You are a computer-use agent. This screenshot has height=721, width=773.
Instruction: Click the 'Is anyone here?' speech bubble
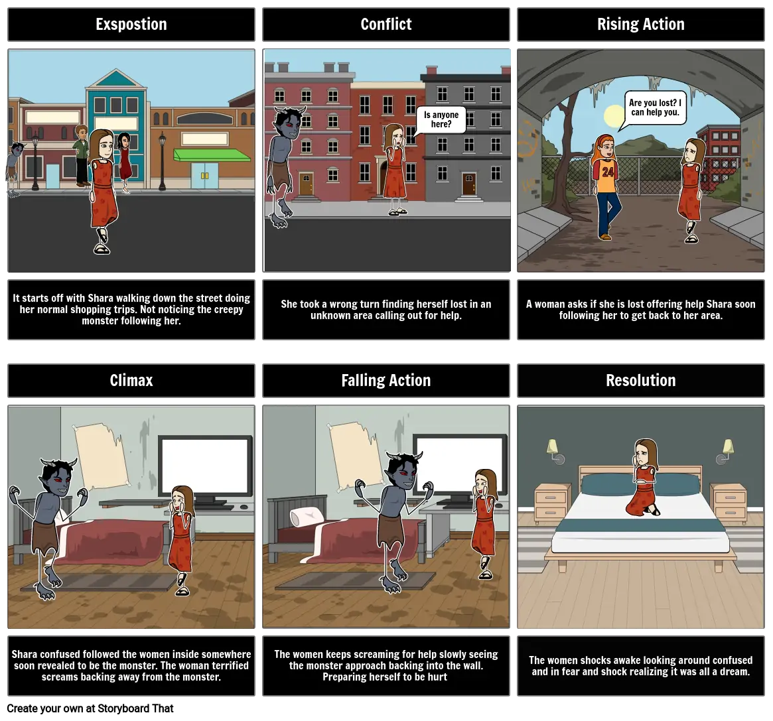tap(441, 119)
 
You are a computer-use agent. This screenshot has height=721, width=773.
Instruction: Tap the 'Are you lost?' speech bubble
tap(655, 107)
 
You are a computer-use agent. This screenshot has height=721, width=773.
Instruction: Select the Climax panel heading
tap(131, 381)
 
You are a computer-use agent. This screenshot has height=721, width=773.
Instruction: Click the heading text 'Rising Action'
tap(641, 24)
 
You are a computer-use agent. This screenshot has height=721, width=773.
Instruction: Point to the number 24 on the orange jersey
tap(607, 172)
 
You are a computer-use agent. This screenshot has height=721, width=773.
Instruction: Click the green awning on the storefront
tap(212, 155)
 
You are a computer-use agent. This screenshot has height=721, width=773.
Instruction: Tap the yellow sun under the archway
tap(614, 117)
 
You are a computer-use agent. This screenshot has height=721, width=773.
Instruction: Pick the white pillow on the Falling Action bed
tap(306, 517)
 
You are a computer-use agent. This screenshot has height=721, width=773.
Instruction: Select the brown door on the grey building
tap(469, 184)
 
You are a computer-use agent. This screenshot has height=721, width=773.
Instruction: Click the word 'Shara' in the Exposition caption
tap(100, 298)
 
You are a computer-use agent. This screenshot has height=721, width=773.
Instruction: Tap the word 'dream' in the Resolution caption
tap(734, 672)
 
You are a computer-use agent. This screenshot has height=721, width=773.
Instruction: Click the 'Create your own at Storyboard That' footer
tap(90, 708)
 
